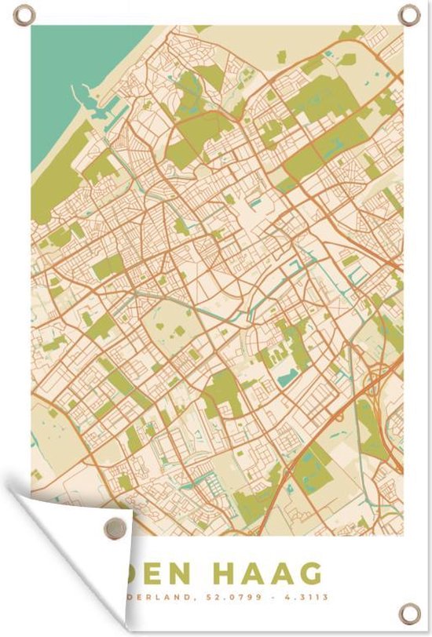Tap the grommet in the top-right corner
[x=408, y=14]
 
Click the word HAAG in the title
[x=275, y=572]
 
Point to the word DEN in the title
[x=168, y=572]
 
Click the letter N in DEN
[x=193, y=572]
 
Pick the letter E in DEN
[x=168, y=572]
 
